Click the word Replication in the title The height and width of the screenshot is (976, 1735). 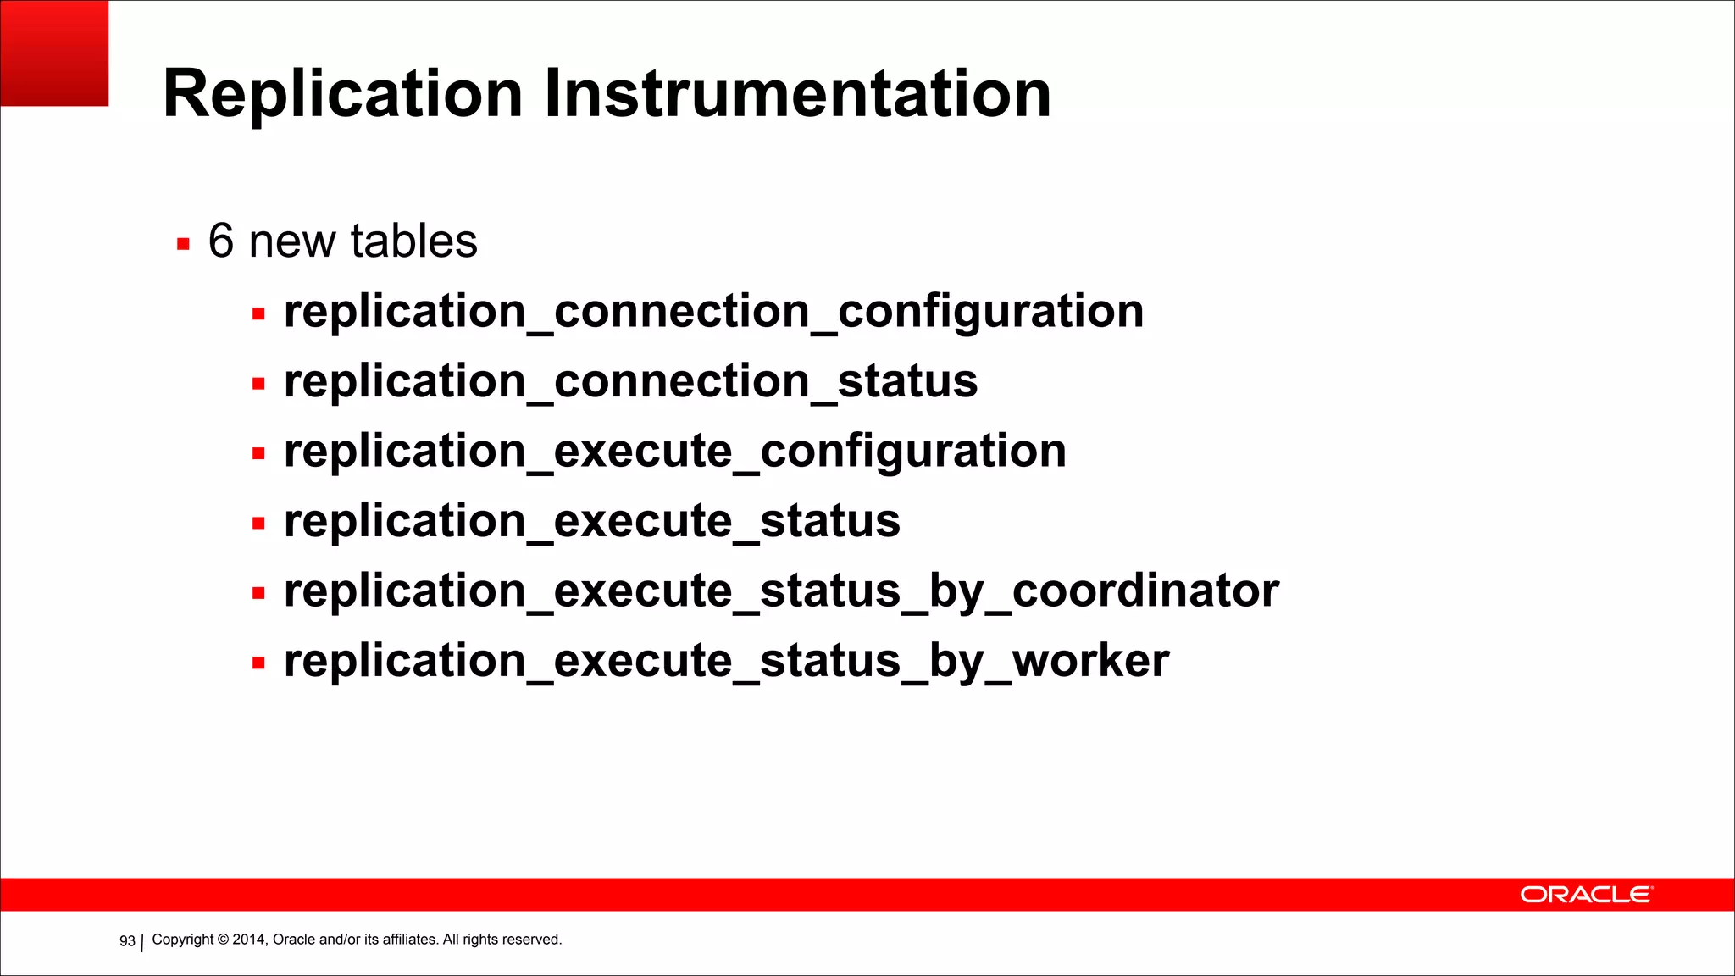pos(342,94)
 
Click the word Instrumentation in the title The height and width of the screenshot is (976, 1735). pos(797,94)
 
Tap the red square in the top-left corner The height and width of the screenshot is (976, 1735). pos(54,53)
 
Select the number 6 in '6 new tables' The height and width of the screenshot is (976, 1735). pos(221,241)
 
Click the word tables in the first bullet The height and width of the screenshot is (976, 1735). pos(414,241)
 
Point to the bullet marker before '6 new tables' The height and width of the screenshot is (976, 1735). pos(183,245)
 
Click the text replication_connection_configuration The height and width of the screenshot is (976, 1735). pos(713,312)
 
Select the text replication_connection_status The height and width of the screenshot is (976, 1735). pos(630,381)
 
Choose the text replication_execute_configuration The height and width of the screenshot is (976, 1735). pos(674,452)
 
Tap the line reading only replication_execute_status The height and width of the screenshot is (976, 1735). pos(591,521)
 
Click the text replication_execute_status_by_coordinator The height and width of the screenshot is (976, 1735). pos(780,591)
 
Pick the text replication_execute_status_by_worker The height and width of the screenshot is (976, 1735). pos(726,661)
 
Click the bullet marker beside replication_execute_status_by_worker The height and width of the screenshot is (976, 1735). pos(258,663)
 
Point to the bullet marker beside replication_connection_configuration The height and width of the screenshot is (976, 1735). pos(258,314)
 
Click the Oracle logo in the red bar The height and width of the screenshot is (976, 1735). pos(1585,895)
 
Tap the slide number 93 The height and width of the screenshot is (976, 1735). pos(127,941)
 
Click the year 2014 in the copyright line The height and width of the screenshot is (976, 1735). pos(249,940)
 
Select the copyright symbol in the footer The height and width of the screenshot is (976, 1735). pos(224,940)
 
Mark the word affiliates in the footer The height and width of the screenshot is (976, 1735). pos(410,940)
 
